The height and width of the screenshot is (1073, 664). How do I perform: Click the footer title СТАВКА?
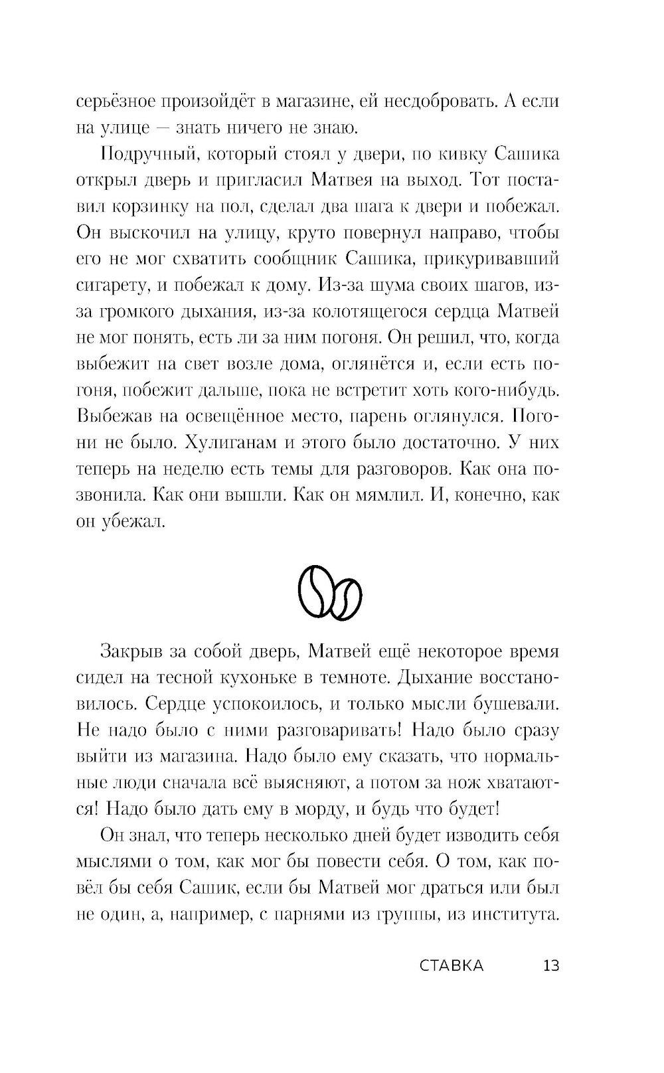pyautogui.click(x=452, y=966)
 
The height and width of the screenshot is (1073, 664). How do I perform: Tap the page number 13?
pyautogui.click(x=551, y=966)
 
